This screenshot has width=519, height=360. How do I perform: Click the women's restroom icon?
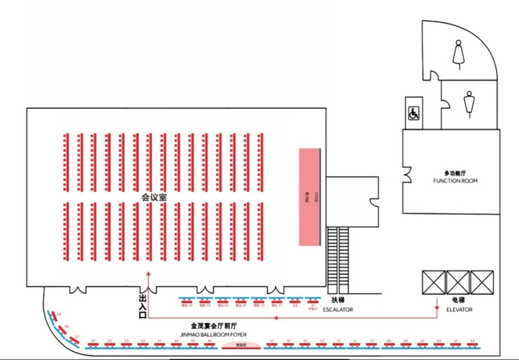pos(457,52)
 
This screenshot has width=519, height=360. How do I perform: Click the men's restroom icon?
pos(469,104)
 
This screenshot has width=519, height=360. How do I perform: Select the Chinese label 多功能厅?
pos(457,173)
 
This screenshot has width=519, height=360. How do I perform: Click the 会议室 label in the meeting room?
pos(154,198)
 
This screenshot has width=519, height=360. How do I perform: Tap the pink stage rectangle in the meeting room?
pos(309,197)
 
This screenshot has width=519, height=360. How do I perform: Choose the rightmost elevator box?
pos(483,282)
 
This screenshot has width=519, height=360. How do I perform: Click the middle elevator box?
pos(458,282)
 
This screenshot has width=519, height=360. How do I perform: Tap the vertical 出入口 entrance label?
pos(142,305)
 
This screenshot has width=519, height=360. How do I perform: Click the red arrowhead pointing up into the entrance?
pos(149,273)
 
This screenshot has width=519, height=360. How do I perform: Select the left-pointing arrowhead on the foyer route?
pos(273,319)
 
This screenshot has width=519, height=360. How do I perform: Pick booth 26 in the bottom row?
pos(93,341)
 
